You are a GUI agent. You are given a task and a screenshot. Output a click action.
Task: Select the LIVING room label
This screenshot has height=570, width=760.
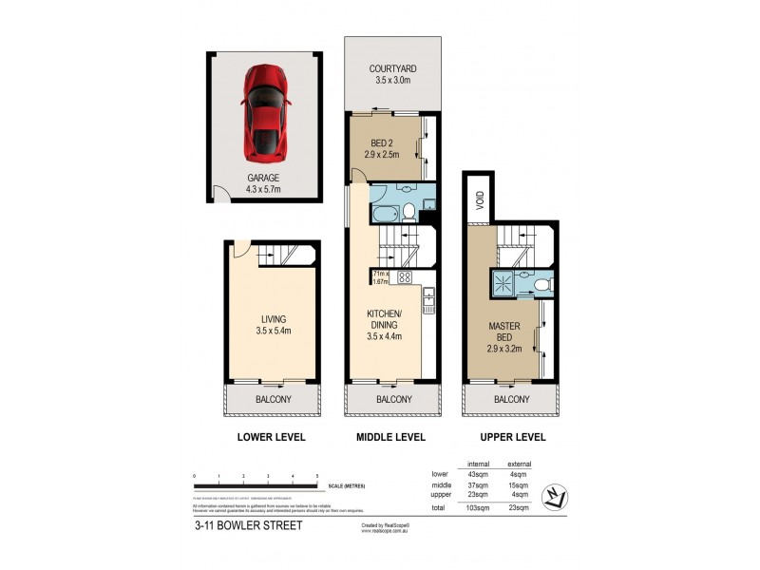point(272,325)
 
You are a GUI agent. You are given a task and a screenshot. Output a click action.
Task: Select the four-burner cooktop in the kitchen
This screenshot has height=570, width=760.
point(404,277)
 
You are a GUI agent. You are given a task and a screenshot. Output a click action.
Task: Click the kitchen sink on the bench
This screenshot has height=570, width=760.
point(428,303)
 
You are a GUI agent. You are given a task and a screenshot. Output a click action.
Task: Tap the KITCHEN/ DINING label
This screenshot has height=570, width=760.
point(386,324)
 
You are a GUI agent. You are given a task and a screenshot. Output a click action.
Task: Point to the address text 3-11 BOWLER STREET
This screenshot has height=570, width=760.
point(248,525)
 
